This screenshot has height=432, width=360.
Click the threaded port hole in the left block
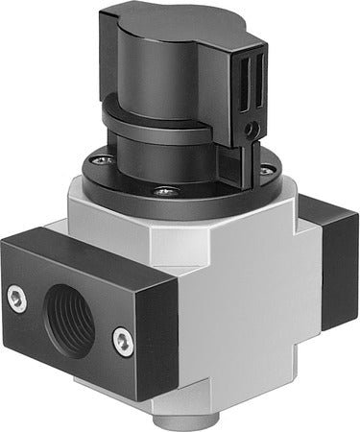[x=70, y=321]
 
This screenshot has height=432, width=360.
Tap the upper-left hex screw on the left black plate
[x=15, y=297]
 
